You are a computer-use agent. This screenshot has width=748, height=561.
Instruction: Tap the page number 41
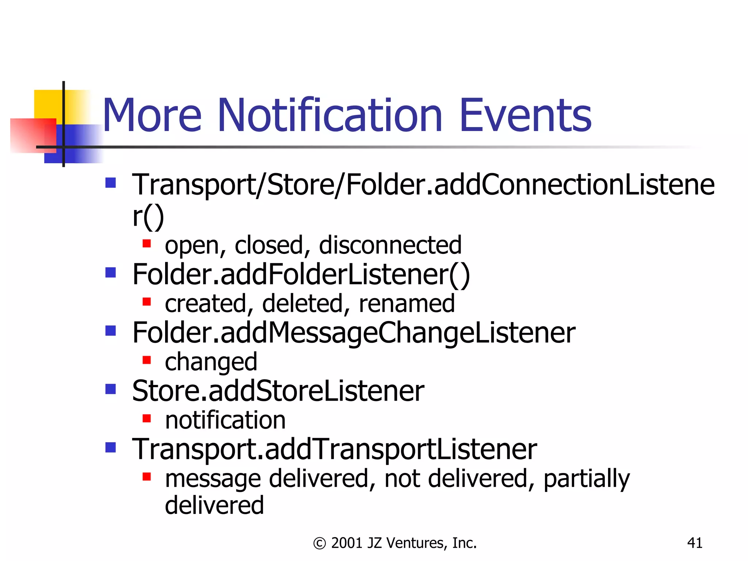694,543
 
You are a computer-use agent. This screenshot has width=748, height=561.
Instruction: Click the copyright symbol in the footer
319,543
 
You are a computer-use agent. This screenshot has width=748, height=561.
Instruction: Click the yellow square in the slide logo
47,104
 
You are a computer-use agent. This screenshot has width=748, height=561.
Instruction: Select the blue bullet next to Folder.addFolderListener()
110,272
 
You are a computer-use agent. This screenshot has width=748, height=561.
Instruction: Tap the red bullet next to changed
146,360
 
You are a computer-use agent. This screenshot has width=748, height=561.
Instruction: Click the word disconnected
390,245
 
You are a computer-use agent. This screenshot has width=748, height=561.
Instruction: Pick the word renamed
407,304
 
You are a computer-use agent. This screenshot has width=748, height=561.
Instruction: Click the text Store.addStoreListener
278,391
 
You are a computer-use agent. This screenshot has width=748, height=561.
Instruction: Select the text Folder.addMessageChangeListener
354,333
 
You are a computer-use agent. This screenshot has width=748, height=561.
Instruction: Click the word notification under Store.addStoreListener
225,420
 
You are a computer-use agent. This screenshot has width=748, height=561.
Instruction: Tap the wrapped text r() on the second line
148,216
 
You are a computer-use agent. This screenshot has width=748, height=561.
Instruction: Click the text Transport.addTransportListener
334,449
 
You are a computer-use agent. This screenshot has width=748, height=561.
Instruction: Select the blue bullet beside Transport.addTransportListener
110,447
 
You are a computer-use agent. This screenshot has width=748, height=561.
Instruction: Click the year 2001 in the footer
347,543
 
